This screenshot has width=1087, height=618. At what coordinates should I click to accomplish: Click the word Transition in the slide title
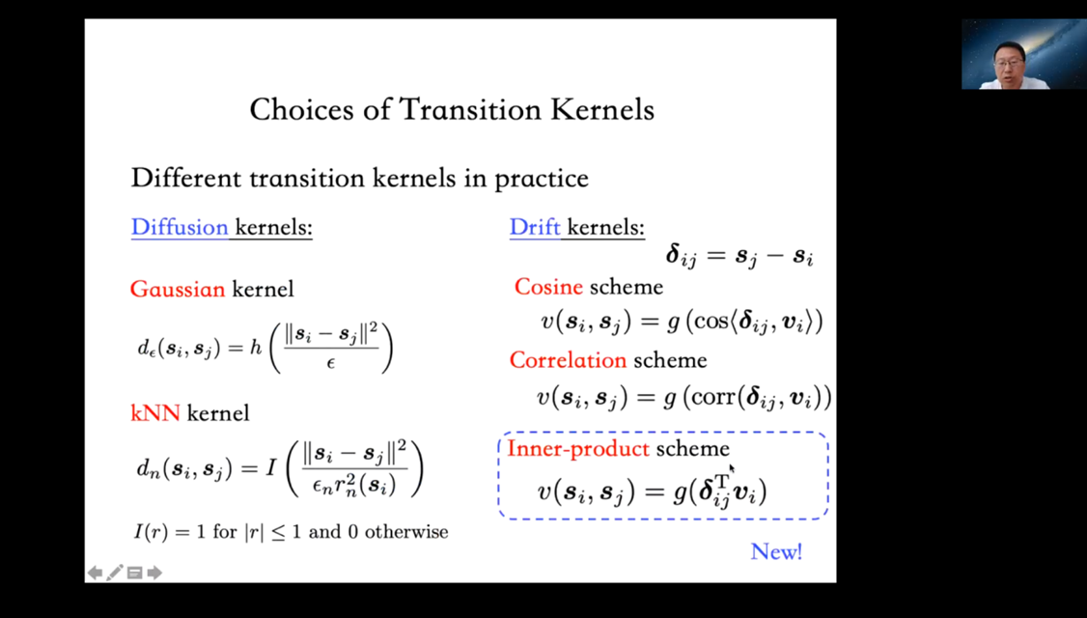click(x=470, y=109)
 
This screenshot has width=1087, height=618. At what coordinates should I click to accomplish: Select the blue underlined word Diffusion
click(x=180, y=227)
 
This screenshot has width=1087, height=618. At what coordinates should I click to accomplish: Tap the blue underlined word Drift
click(x=535, y=227)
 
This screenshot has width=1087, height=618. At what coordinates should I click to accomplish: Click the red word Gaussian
click(x=178, y=289)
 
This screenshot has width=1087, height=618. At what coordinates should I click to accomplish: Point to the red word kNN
click(x=155, y=413)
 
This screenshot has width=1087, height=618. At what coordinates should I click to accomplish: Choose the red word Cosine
click(x=548, y=287)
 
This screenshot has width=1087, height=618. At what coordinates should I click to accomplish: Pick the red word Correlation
click(x=568, y=360)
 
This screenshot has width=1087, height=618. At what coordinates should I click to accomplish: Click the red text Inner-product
click(x=578, y=449)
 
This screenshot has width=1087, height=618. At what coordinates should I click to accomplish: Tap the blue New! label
click(x=776, y=552)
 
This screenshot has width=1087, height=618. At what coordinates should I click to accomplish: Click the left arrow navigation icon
click(x=95, y=573)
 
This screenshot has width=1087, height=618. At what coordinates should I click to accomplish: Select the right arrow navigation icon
click(x=154, y=573)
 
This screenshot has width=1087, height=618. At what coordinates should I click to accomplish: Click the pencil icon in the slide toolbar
click(x=115, y=573)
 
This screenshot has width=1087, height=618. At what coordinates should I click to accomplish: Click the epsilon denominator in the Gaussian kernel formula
click(x=331, y=362)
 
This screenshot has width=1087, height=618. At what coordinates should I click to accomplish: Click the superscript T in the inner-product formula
click(x=722, y=481)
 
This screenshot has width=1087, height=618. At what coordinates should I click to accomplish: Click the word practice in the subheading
click(x=542, y=179)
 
